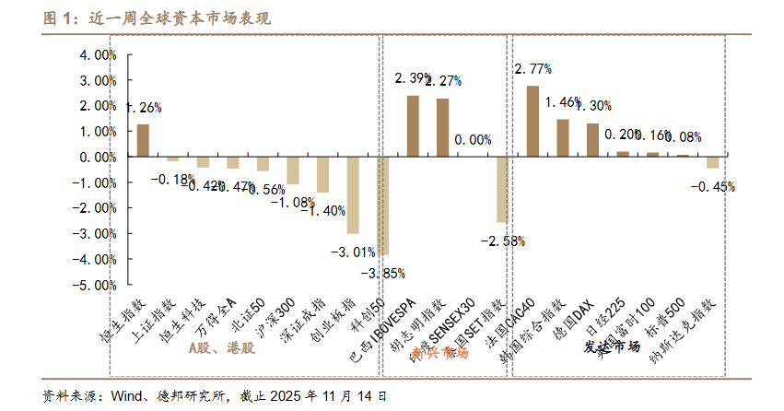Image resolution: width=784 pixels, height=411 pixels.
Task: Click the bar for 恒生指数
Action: tap(143, 140)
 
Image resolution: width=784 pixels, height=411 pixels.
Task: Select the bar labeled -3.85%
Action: tap(382, 205)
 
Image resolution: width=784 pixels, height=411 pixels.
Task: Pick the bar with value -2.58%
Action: tap(502, 190)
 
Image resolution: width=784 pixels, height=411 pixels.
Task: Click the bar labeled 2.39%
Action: tap(413, 126)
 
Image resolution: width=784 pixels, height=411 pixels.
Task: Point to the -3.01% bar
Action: tap(353, 194)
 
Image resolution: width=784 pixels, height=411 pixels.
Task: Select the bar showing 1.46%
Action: tap(563, 138)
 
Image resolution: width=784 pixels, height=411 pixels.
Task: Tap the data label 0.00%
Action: tap(474, 140)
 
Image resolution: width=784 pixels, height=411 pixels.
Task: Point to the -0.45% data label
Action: tap(713, 187)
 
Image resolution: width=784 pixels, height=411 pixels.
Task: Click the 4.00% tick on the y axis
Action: tap(97, 54)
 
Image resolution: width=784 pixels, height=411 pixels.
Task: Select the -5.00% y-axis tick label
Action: tap(95, 286)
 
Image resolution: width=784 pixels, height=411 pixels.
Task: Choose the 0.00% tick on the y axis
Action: tap(97, 158)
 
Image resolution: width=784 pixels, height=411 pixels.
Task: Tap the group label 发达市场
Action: tap(612, 347)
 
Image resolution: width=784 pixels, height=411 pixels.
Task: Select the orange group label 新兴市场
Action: tap(439, 353)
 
